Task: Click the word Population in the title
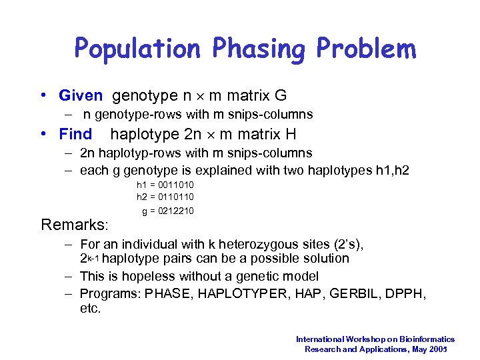(137, 49)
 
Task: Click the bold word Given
(81, 96)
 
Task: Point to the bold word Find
(75, 134)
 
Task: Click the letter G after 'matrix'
(281, 96)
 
